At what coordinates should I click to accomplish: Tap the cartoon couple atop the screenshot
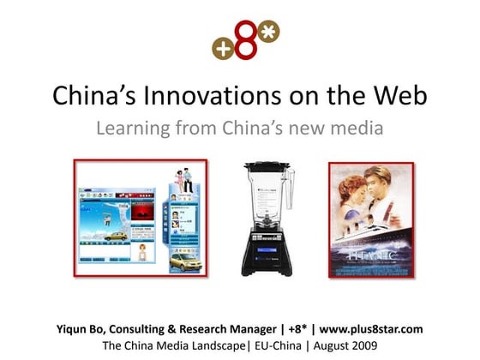click(182, 179)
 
